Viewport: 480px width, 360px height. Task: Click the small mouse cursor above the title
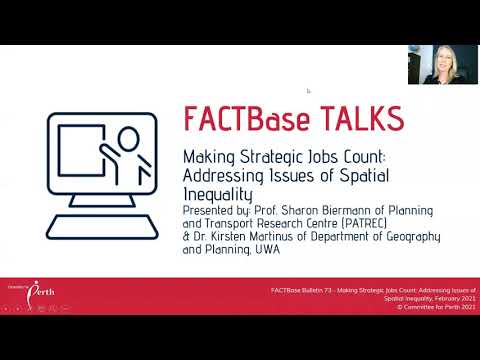coord(308,90)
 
